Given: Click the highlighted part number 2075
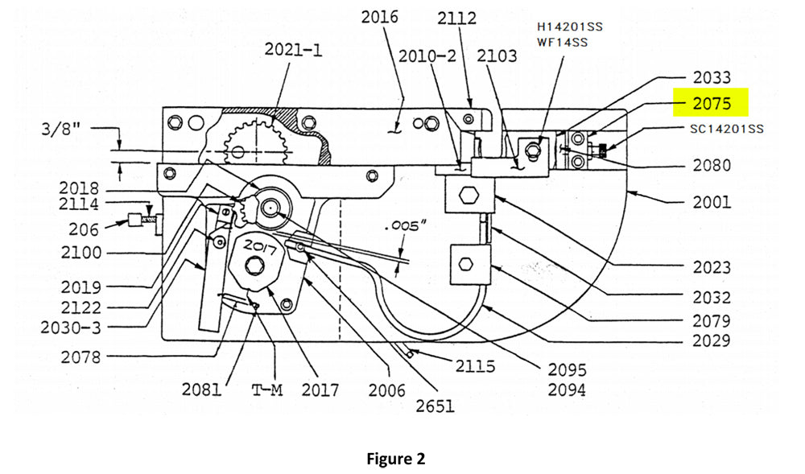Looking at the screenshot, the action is click(x=712, y=104).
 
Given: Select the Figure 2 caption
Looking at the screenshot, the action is click(x=396, y=458).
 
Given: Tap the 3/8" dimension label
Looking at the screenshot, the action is click(x=61, y=129).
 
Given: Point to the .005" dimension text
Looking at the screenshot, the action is click(x=405, y=225).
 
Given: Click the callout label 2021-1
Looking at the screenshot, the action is click(x=293, y=50).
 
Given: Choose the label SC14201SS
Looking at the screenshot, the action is click(x=726, y=129).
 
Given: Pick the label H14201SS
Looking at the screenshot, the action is click(x=570, y=27).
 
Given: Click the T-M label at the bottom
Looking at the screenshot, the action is click(x=267, y=390).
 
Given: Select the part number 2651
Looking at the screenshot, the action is click(x=436, y=406).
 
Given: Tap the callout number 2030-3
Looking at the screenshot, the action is click(x=71, y=328).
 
